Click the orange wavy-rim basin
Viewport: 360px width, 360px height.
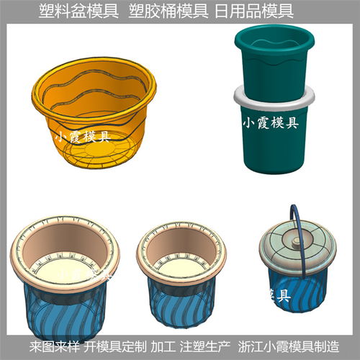click(x=94, y=108)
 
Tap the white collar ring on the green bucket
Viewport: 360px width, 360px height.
click(x=276, y=95)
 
